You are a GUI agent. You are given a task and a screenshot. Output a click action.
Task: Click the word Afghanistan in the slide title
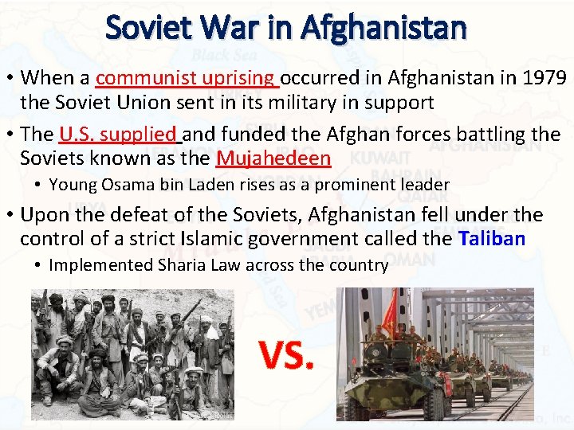(x=383, y=29)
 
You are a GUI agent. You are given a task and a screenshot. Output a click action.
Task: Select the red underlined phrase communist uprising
(x=187, y=78)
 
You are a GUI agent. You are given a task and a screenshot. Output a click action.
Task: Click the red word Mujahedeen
(x=273, y=158)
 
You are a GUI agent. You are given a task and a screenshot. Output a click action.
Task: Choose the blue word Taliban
(x=492, y=239)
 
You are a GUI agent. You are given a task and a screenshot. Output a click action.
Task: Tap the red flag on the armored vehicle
(x=389, y=313)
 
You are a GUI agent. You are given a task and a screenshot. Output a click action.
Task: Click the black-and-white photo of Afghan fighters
(x=132, y=354)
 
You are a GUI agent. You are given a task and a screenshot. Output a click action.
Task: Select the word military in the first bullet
(x=319, y=103)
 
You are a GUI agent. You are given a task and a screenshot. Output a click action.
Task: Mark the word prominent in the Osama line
(x=356, y=185)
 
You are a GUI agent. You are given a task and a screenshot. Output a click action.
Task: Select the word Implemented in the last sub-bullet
(x=92, y=265)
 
